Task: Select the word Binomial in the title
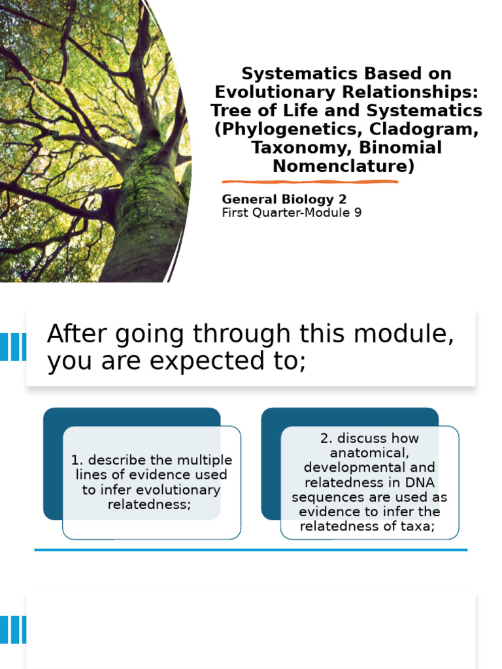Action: [x=401, y=147]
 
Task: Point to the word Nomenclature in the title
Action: [x=344, y=166]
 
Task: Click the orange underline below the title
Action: [x=310, y=182]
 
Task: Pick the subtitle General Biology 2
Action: [x=284, y=199]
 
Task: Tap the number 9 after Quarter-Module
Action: [x=358, y=212]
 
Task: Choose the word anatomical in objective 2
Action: [x=369, y=453]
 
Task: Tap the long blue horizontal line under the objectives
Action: [x=251, y=550]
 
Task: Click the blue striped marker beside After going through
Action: [x=13, y=347]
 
